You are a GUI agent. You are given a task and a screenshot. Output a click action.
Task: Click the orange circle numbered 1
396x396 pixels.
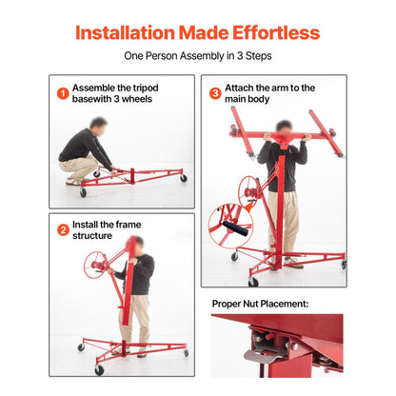click(62, 93)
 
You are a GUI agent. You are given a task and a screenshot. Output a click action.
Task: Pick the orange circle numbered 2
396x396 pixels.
click(62, 229)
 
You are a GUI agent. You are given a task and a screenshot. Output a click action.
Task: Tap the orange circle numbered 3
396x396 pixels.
click(215, 93)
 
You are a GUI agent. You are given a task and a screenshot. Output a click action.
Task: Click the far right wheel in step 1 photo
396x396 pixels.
click(183, 178)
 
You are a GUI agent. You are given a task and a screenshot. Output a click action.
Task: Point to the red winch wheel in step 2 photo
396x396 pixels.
click(95, 264)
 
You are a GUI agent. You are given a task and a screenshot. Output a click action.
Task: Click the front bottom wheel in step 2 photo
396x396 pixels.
click(98, 369)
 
